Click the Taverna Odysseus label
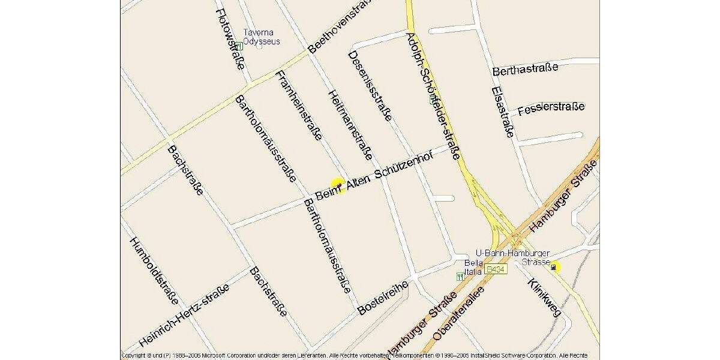click(261, 37)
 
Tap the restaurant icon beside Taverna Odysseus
click(238, 46)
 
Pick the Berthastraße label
click(525, 68)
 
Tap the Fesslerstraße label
click(550, 109)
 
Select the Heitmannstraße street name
click(349, 125)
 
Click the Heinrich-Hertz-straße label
click(184, 315)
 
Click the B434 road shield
click(496, 270)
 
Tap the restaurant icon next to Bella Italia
click(460, 276)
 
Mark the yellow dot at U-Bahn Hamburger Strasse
click(555, 267)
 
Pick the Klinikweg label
click(544, 298)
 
